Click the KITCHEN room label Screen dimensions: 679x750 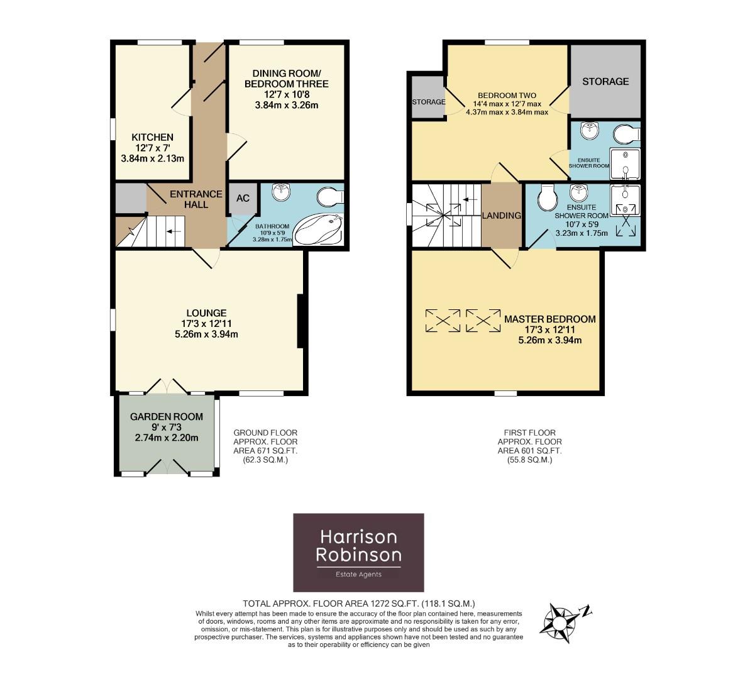click(152, 137)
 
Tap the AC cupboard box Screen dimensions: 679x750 click(243, 198)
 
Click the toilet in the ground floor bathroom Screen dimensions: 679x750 click(330, 197)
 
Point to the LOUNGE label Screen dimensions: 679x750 click(206, 312)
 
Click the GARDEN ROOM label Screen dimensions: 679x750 click(167, 416)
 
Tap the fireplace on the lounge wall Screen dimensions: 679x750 click(301, 321)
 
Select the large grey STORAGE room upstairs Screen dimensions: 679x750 click(605, 81)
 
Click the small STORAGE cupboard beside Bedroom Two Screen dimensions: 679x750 click(428, 101)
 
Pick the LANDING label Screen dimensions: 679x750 click(501, 215)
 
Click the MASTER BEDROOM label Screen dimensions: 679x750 click(549, 319)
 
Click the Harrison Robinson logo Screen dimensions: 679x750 click(359, 552)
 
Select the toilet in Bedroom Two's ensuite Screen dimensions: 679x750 click(626, 135)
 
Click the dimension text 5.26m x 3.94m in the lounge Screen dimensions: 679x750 click(206, 334)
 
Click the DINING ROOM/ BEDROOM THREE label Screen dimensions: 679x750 click(286, 78)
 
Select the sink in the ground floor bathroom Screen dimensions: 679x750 click(280, 192)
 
